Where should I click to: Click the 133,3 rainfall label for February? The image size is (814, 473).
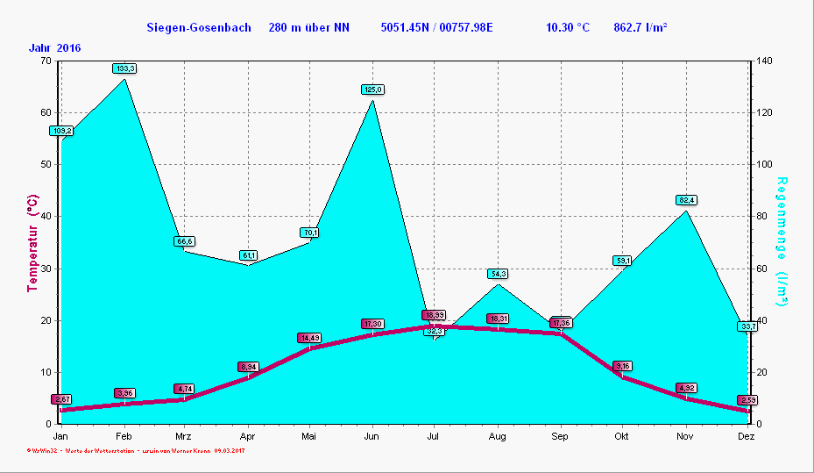point(124,68)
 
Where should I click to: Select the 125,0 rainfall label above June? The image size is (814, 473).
point(372,90)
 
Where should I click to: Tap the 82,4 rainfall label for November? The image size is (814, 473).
point(685,200)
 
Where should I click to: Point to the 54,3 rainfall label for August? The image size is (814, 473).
point(498,274)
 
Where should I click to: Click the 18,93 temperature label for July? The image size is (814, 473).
point(434,315)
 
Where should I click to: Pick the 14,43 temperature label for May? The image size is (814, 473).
point(309,338)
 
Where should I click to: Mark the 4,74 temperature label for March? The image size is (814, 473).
point(184,389)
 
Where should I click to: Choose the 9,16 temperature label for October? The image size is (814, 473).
point(622,366)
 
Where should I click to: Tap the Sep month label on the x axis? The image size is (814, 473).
point(560,436)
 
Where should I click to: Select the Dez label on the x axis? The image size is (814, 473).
point(747,436)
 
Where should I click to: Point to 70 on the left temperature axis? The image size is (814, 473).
point(46,61)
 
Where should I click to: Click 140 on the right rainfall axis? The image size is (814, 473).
point(764,61)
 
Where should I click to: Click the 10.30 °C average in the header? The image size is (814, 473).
point(567,27)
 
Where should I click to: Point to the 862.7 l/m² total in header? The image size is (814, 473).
point(641,27)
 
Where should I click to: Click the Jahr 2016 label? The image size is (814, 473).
point(54,48)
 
